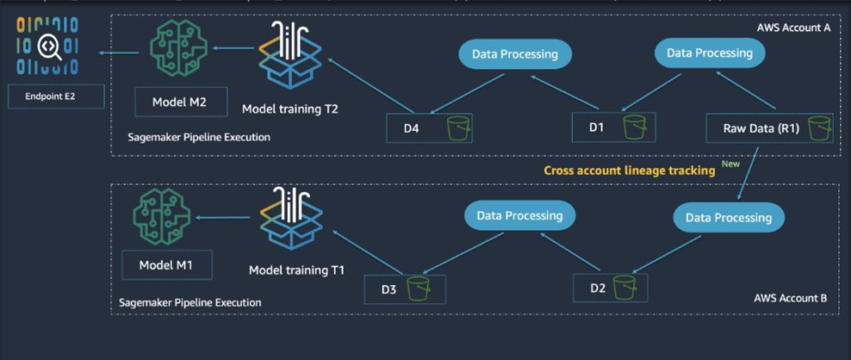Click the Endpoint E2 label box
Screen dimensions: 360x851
pos(56,96)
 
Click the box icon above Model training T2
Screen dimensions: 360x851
pos(290,54)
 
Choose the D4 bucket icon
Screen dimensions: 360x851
pos(457,129)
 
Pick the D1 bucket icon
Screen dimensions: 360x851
pos(635,127)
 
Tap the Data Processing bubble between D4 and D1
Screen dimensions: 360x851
pos(514,54)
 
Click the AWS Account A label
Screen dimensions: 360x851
pos(793,28)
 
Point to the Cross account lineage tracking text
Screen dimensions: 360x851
pos(630,171)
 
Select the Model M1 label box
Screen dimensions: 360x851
pos(165,265)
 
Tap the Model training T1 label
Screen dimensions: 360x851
pos(296,270)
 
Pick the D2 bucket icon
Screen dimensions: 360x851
pos(624,287)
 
